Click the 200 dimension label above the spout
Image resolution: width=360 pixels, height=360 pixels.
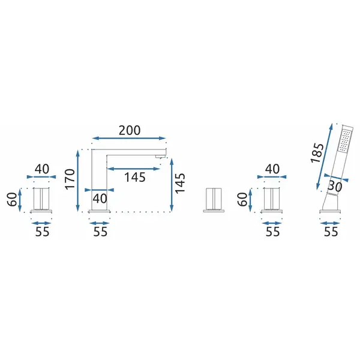coord(129,130)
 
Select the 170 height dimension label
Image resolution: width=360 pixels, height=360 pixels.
coord(70,179)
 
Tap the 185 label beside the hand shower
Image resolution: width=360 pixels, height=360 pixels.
coord(317,153)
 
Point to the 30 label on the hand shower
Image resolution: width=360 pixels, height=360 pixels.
coord(335,186)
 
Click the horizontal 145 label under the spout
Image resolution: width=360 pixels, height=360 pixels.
coord(135,177)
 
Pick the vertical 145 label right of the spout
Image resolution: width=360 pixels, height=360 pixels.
coord(180,183)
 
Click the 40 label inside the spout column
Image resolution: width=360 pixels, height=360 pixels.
coord(100,199)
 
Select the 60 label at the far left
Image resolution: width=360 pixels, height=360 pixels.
coord(12,199)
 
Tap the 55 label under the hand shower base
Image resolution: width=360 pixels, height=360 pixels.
coord(331,232)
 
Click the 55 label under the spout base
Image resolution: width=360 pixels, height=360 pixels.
coord(100,232)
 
